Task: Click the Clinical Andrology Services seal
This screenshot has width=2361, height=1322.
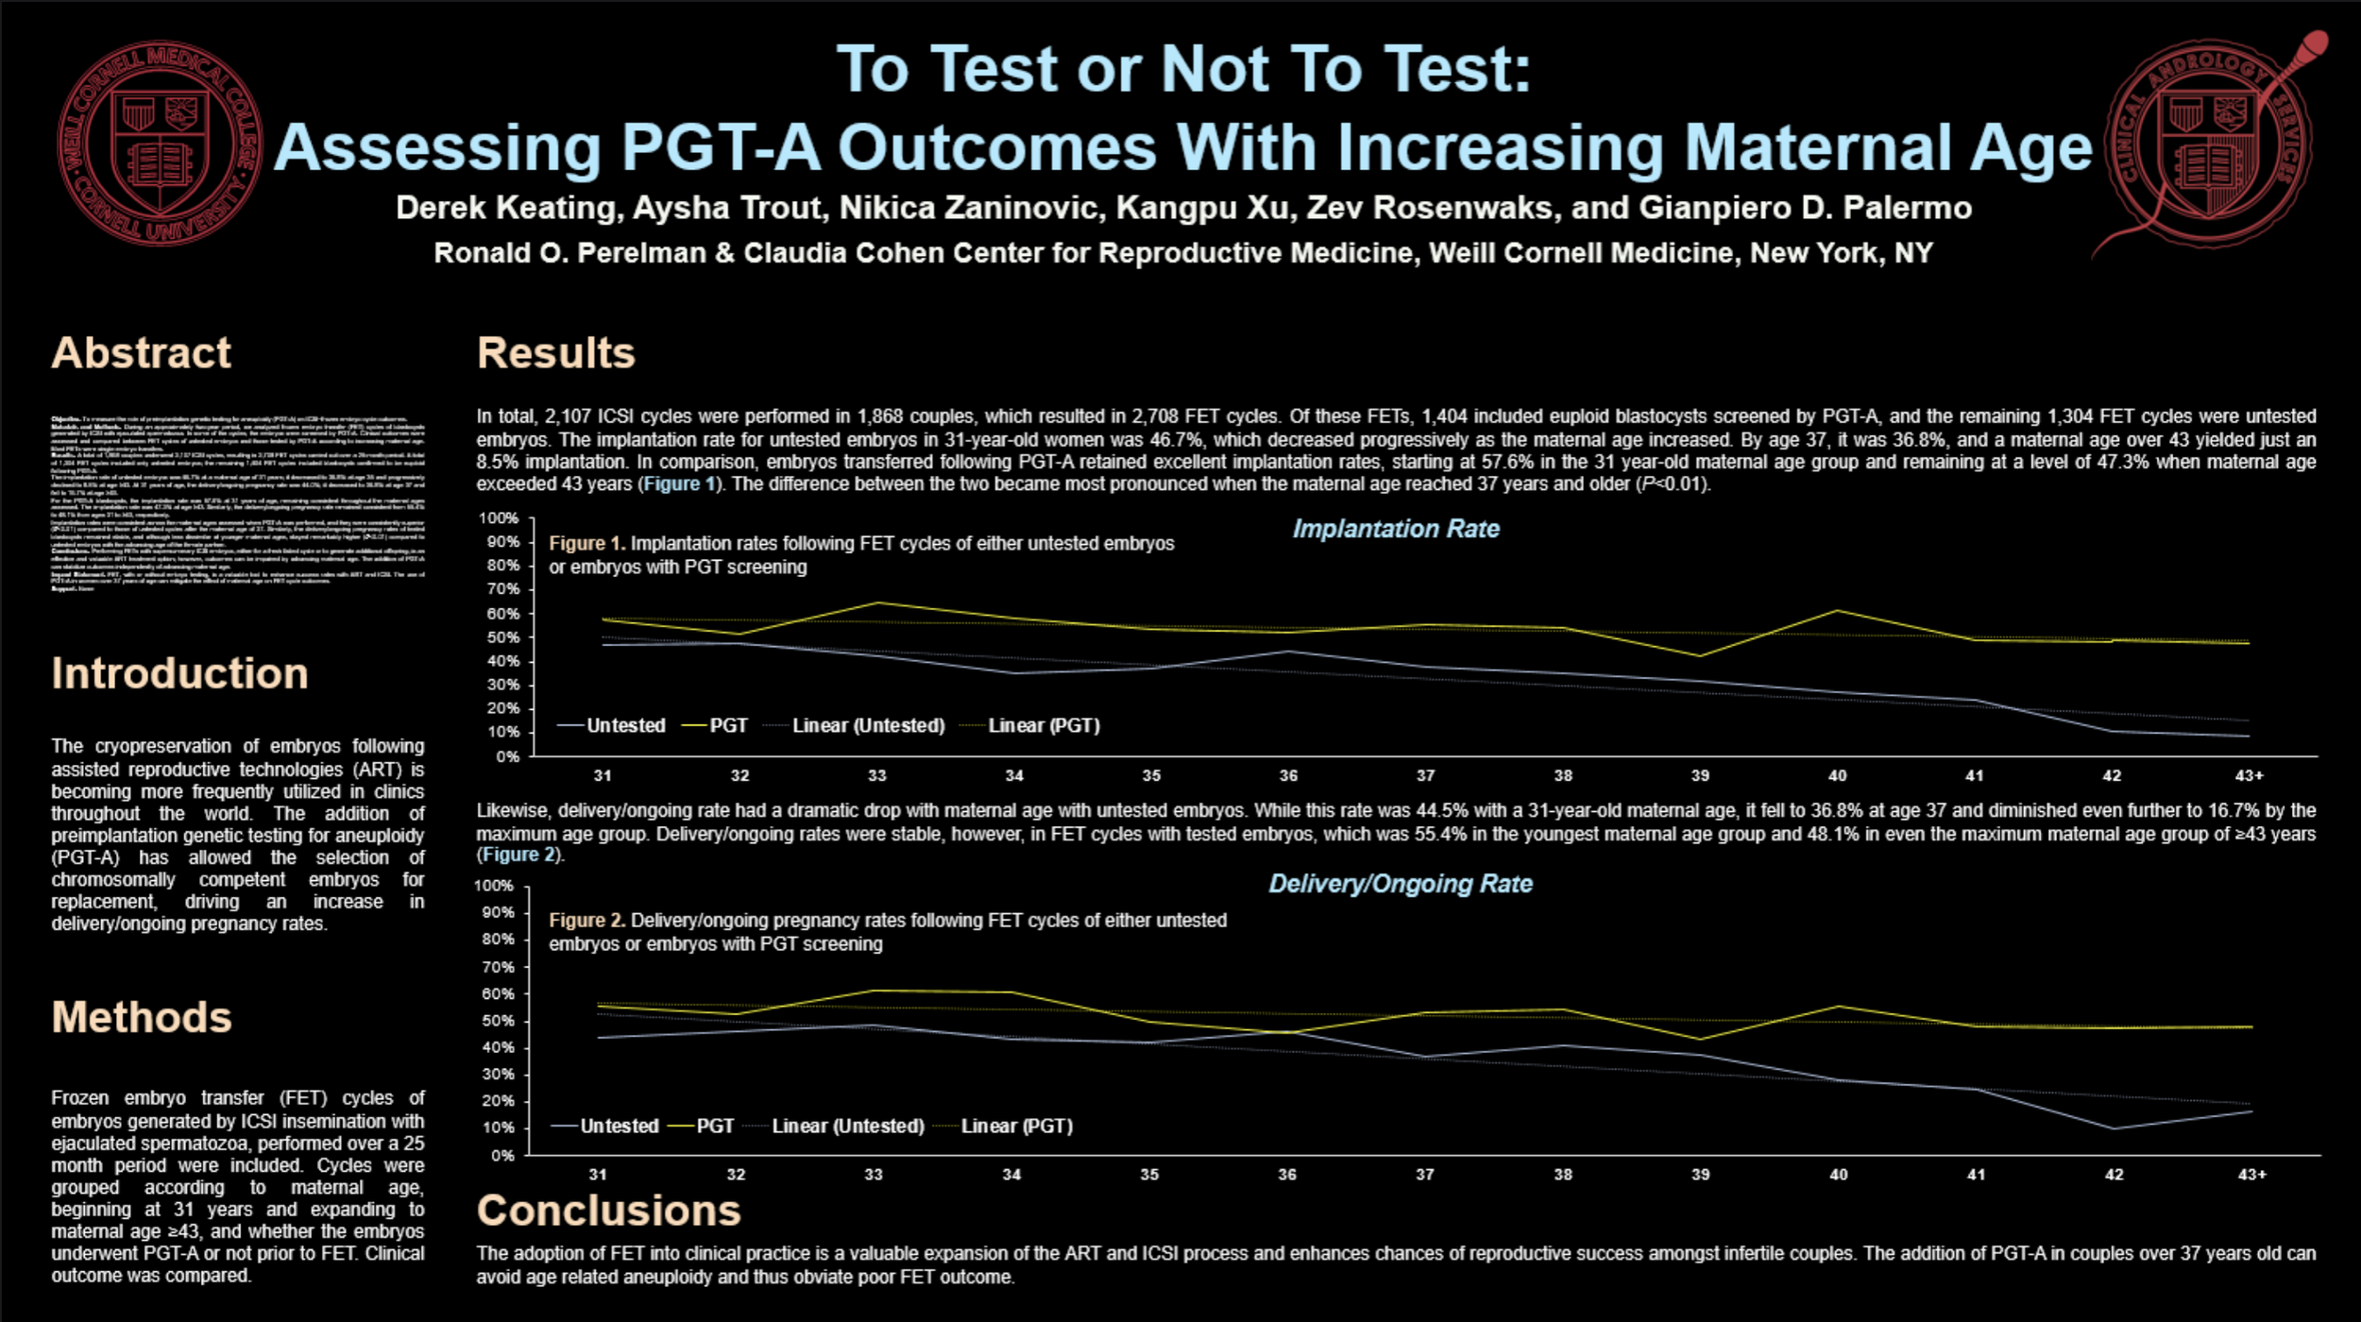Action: click(x=2208, y=144)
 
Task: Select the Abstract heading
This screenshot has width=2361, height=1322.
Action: click(x=142, y=353)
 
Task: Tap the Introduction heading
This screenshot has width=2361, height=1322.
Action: click(x=179, y=673)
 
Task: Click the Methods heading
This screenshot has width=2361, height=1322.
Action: click(x=142, y=1017)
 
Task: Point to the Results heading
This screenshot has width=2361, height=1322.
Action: click(x=555, y=353)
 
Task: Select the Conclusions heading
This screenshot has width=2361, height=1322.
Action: click(x=608, y=1211)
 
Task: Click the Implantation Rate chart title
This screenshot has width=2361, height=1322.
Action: click(x=1395, y=529)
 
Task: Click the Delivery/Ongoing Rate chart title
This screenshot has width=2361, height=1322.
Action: click(x=1400, y=884)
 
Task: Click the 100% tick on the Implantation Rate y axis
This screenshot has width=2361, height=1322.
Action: click(x=498, y=518)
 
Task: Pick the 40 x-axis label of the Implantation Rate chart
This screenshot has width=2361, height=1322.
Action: click(x=1837, y=776)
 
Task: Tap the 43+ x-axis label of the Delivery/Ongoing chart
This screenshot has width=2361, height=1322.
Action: click(x=2251, y=1175)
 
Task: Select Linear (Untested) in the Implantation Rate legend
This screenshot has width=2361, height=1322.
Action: click(x=867, y=725)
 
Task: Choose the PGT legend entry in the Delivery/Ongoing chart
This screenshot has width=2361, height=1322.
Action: click(x=715, y=1126)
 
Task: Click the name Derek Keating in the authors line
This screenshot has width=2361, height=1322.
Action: click(x=508, y=208)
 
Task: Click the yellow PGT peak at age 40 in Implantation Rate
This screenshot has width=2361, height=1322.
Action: click(x=1837, y=611)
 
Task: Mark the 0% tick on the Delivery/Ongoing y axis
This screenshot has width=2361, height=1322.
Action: click(x=501, y=1155)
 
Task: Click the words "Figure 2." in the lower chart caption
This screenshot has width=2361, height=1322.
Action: click(x=586, y=921)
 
